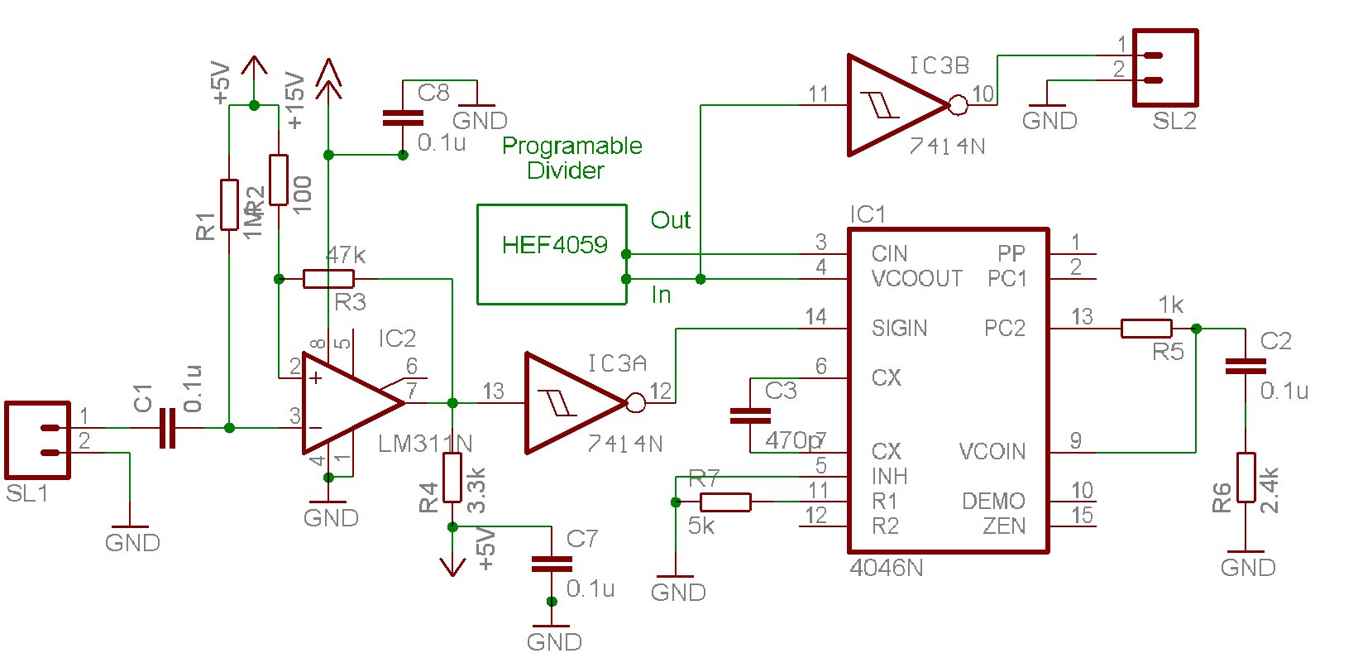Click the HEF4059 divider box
point(552,254)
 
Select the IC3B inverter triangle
point(893,105)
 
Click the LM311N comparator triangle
point(347,403)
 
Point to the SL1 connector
point(37,440)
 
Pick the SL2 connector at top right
point(1164,68)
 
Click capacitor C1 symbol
point(167,428)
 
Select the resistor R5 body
point(1146,329)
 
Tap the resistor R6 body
point(1246,478)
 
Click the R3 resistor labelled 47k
point(328,279)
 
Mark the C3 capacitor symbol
point(750,415)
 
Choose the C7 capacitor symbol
point(552,564)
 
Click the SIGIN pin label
point(899,329)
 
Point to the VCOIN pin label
point(992,452)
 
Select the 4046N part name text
point(886,569)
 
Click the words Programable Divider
point(571,158)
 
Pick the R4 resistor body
point(452,478)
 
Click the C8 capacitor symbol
point(403,118)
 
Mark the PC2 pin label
point(1004,329)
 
